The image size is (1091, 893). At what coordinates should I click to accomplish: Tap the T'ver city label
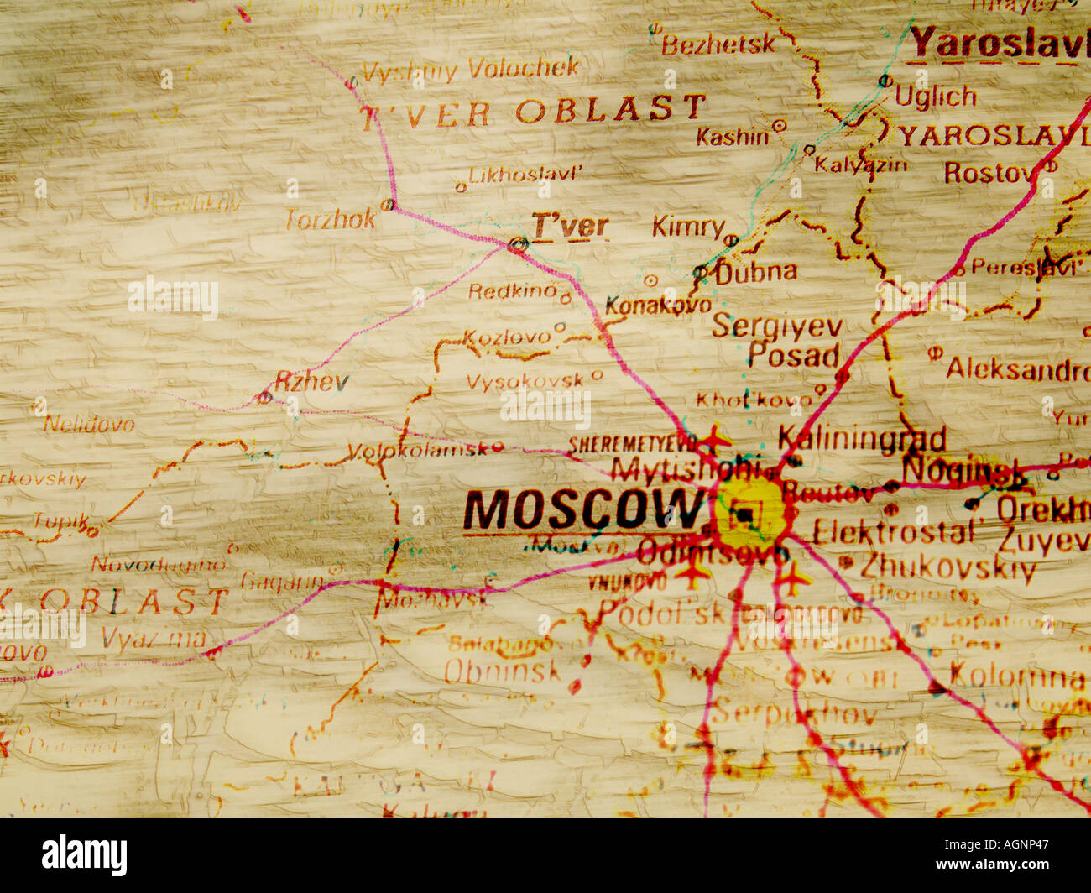(570, 226)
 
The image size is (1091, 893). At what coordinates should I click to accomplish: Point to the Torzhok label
(331, 220)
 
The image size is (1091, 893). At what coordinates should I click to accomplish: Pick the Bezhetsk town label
(718, 44)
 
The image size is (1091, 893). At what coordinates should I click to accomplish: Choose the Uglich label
(936, 97)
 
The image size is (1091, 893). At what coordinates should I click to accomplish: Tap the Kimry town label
(688, 227)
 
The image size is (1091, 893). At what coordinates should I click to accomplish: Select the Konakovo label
(658, 305)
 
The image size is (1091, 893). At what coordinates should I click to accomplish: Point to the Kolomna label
(1017, 674)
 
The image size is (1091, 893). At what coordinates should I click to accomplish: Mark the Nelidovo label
(89, 424)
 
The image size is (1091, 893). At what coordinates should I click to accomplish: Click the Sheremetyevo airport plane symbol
(715, 438)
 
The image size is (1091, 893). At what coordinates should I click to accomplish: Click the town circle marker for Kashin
(779, 126)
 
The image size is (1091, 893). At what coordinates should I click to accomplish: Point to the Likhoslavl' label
(525, 175)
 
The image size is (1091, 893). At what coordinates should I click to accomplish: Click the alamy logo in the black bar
(85, 855)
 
